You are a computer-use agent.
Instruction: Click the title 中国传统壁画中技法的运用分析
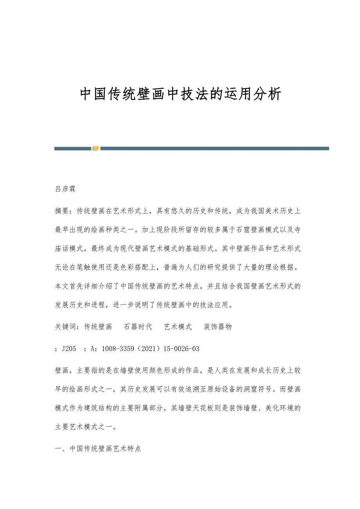(180, 94)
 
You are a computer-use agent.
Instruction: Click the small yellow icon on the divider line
(95, 148)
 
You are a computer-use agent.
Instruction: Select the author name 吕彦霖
(65, 189)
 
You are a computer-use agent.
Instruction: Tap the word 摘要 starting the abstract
(62, 211)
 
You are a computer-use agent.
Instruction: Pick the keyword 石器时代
(138, 327)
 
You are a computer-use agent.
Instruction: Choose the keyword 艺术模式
(178, 327)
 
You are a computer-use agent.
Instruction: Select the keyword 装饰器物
(218, 327)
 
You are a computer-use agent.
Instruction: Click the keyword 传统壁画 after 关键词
(98, 327)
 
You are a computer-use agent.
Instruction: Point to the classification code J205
(69, 349)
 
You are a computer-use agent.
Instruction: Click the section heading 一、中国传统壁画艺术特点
(98, 449)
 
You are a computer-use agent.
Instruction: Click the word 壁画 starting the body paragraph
(62, 370)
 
